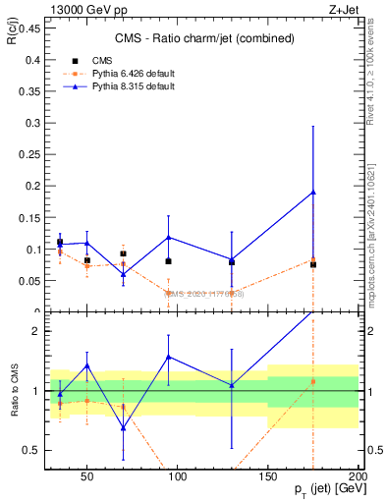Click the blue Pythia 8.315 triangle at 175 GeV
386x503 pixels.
(313, 193)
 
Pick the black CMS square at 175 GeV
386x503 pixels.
(313, 264)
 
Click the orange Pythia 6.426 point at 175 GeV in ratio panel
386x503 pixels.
(313, 381)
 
